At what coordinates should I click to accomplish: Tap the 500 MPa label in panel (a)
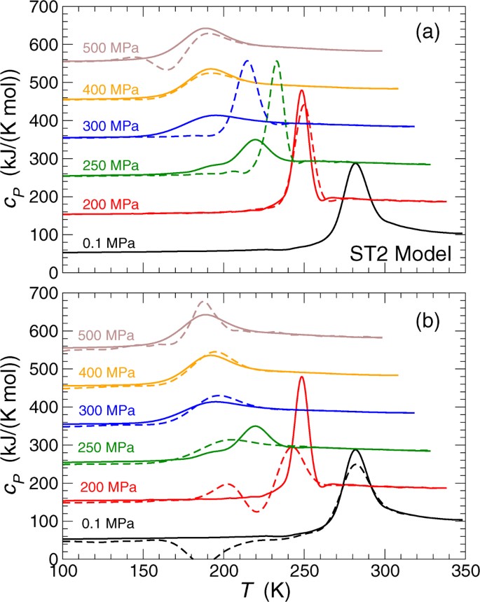coord(111,48)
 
